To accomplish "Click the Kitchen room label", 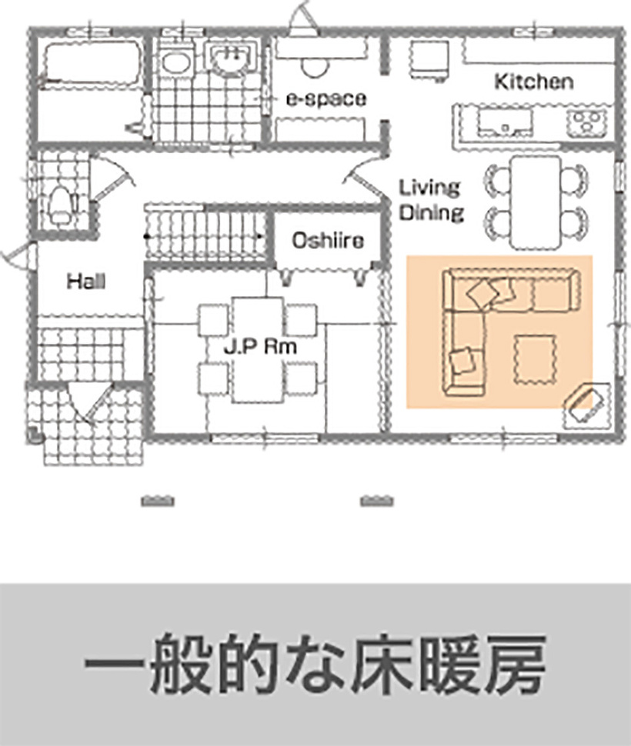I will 533,81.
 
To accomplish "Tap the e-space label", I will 326,99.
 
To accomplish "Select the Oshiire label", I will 327,241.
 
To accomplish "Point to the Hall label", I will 85,281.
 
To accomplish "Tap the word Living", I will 429,188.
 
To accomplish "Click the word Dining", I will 431,212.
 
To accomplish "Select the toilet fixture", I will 58,201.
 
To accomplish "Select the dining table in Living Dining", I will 536,201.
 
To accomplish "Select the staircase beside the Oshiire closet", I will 208,231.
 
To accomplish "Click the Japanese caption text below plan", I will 315,663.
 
